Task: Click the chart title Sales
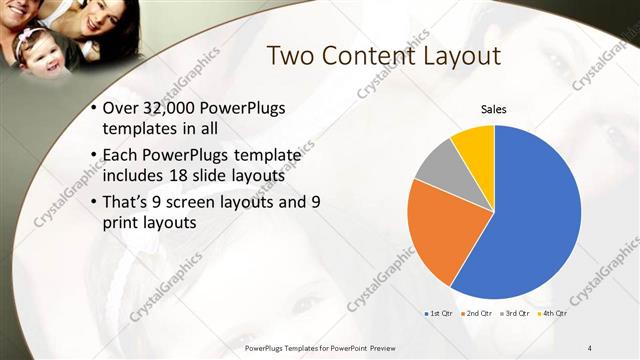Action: (494, 108)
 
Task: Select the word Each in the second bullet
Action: (122, 156)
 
